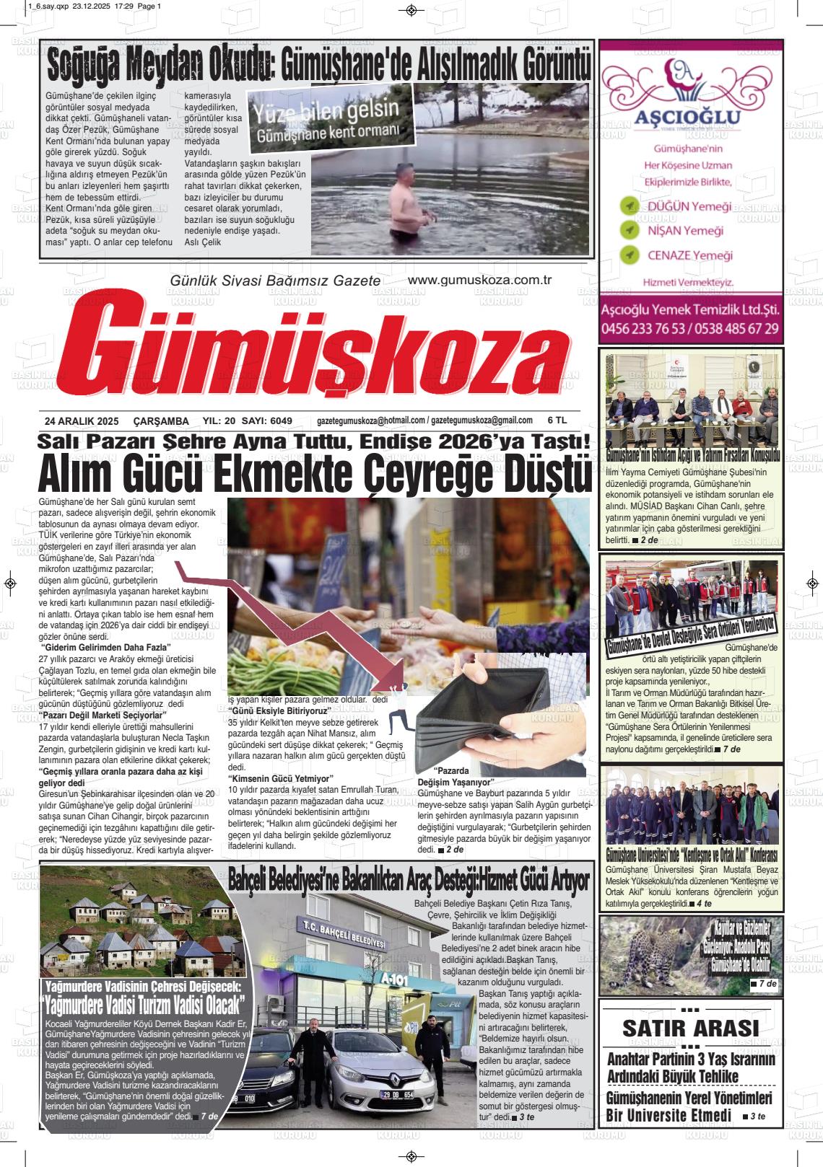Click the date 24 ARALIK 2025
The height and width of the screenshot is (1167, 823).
pyautogui.click(x=81, y=420)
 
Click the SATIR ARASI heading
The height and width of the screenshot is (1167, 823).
pyautogui.click(x=690, y=1028)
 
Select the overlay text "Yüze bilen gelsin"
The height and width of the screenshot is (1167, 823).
pyautogui.click(x=325, y=112)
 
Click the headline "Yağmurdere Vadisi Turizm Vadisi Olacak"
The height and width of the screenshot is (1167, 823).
pyautogui.click(x=145, y=1005)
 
